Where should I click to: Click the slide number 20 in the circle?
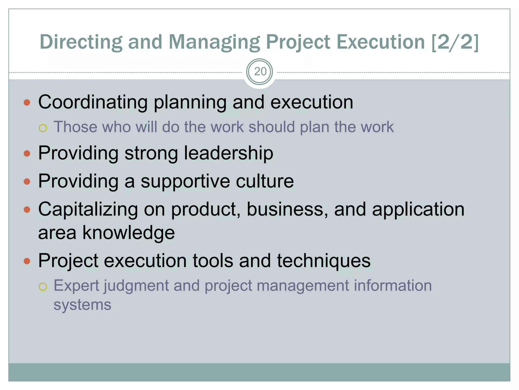(x=260, y=72)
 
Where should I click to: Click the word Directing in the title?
(x=81, y=42)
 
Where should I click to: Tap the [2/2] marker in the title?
(x=455, y=42)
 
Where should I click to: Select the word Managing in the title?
(x=214, y=42)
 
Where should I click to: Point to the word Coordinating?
(x=93, y=102)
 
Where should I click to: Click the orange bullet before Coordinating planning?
(x=27, y=103)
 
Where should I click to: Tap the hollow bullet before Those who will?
(x=43, y=128)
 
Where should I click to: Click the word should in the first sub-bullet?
(x=271, y=127)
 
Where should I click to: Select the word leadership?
(x=228, y=153)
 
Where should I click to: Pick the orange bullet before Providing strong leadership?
(x=27, y=154)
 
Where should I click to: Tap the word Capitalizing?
(x=88, y=209)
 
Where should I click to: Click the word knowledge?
(x=128, y=233)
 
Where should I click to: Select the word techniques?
(x=324, y=261)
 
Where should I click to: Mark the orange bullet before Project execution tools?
(x=27, y=261)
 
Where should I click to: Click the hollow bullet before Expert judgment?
(x=43, y=287)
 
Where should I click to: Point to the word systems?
(x=82, y=305)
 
